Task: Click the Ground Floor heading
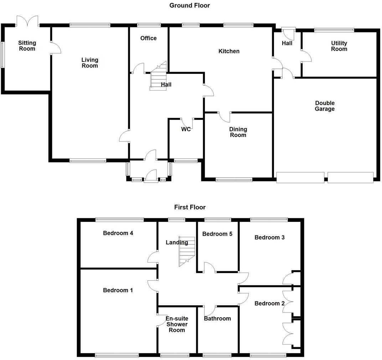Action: (190, 5)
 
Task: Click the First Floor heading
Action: (190, 207)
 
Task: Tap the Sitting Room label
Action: (27, 46)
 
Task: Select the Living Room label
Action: (90, 63)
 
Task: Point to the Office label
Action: (148, 38)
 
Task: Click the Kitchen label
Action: (229, 51)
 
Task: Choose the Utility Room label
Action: (339, 46)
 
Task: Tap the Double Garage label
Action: (325, 106)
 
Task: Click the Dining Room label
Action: (238, 132)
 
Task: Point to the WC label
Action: (186, 129)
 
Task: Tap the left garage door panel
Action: (300, 177)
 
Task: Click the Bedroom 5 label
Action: (217, 234)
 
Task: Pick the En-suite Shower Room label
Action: (177, 324)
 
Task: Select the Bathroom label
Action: (217, 318)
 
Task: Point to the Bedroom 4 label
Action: (118, 233)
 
